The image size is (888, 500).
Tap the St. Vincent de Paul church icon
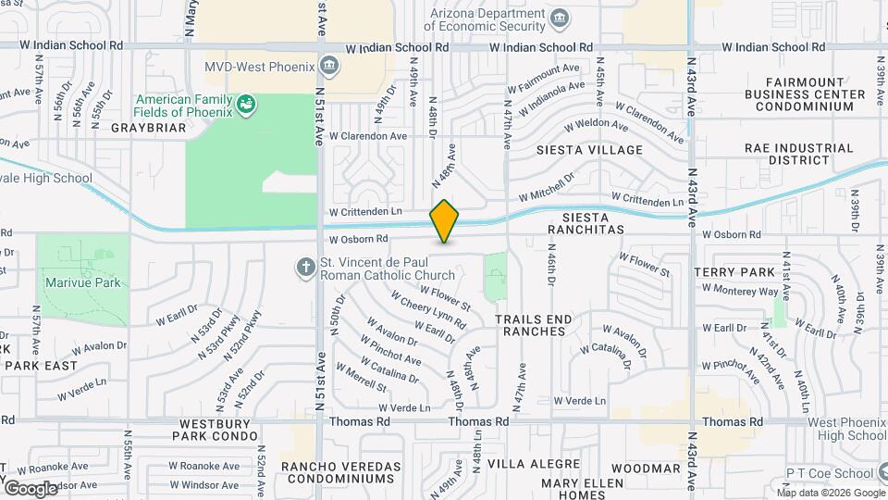click(305, 268)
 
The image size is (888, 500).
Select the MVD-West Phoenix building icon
click(328, 65)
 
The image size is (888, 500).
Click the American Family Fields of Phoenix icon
click(245, 105)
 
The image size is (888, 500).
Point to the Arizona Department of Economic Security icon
click(559, 19)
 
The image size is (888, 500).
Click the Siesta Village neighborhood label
click(589, 149)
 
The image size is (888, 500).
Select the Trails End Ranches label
click(534, 325)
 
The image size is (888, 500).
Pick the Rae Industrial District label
click(798, 153)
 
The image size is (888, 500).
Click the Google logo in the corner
click(31, 488)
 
